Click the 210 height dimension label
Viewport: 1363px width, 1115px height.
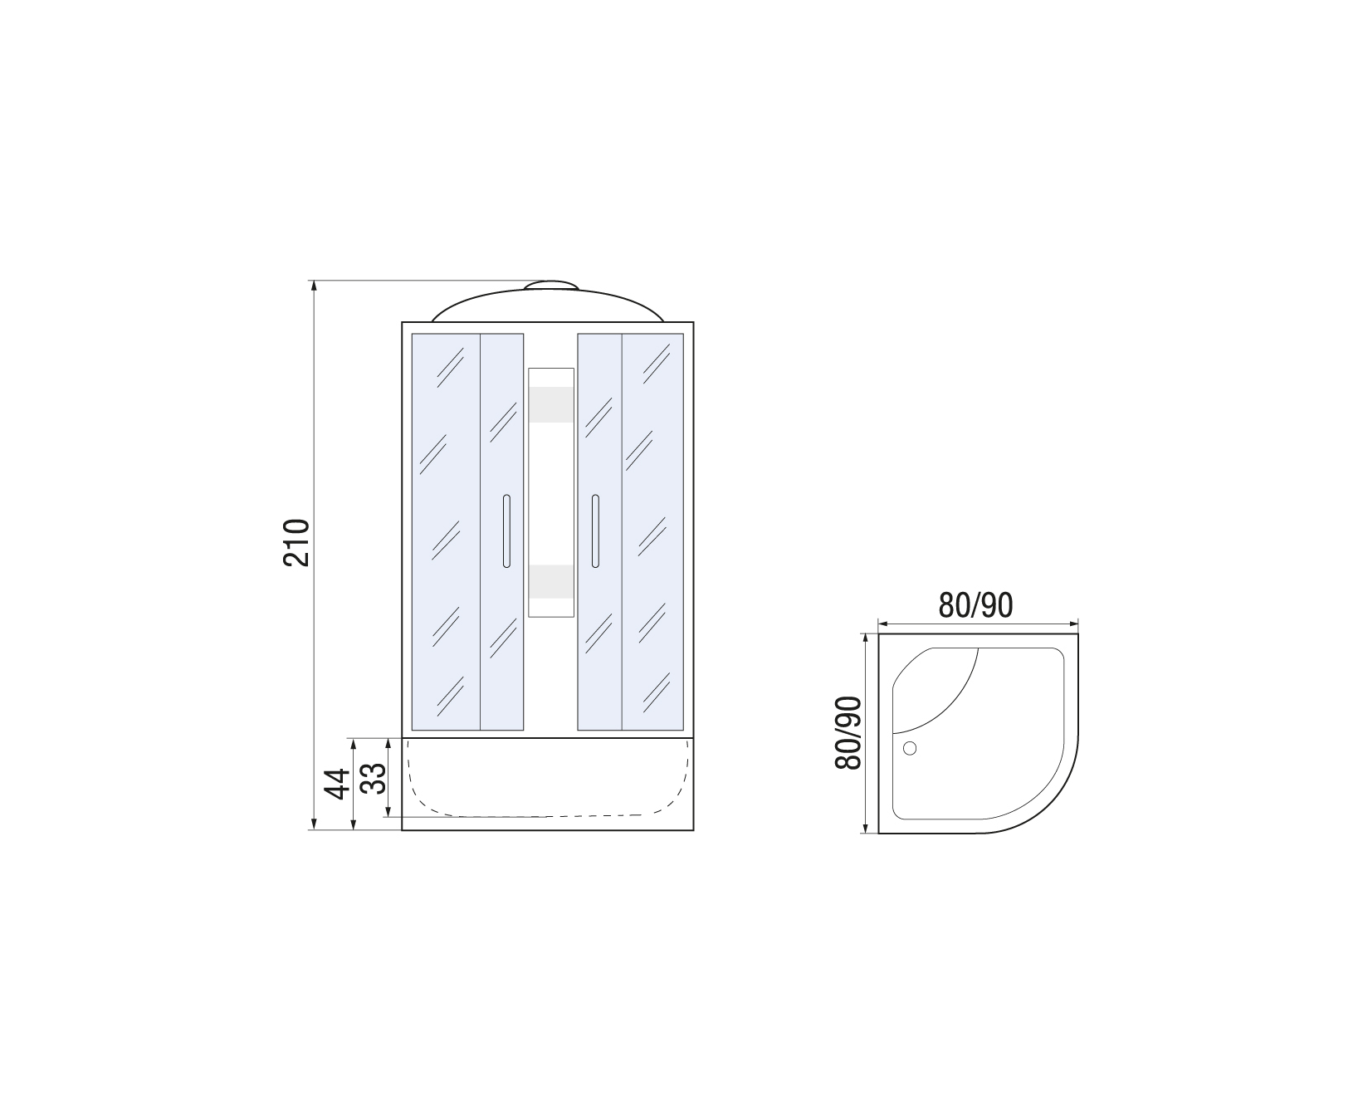296,542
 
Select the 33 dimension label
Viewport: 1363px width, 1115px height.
374,779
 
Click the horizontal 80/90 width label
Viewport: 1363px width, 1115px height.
976,606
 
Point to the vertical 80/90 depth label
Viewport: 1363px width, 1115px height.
850,733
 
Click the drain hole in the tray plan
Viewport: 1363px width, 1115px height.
910,748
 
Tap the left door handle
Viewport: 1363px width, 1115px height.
506,531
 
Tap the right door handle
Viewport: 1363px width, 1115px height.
595,531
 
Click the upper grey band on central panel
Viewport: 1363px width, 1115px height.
551,404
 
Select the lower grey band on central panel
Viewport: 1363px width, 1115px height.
551,581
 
